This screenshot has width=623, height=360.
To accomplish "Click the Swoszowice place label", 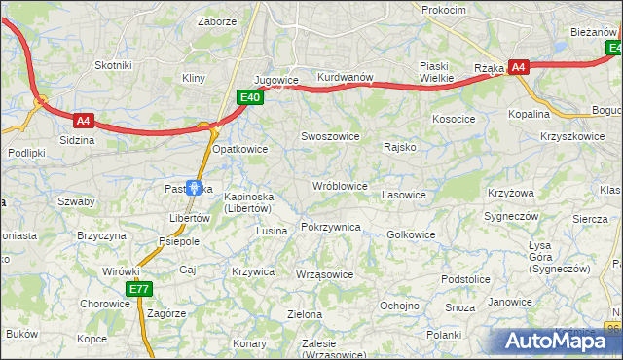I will [331, 137].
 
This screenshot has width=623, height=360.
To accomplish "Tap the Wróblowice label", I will [339, 186].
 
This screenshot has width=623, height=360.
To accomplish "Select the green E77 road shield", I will [138, 289].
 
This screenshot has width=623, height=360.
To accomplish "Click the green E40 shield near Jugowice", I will [250, 97].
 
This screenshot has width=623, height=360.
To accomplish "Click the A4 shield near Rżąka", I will [519, 67].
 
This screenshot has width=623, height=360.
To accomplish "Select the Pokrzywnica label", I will [331, 227].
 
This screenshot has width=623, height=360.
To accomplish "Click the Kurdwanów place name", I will [346, 78].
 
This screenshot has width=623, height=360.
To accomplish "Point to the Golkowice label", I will [411, 234].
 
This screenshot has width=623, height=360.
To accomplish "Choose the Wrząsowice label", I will [323, 274].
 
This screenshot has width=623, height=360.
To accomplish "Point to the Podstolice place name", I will [464, 279].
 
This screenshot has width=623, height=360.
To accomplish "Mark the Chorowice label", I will [105, 303].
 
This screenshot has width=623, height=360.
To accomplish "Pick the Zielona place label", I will [304, 314].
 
